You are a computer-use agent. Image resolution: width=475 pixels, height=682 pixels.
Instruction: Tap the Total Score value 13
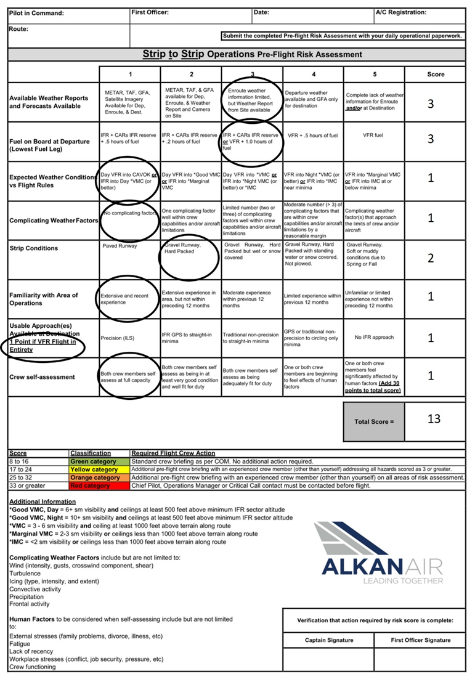433,419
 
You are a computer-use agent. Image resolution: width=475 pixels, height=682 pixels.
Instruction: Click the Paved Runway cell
129,245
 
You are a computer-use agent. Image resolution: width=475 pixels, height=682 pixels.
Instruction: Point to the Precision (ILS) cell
129,338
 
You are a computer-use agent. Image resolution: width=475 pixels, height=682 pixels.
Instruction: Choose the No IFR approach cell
374,338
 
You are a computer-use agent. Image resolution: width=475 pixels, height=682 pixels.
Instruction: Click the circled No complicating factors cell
129,214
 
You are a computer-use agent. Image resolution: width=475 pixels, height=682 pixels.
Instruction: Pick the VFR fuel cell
374,134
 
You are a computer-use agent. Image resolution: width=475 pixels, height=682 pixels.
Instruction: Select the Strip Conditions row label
34,248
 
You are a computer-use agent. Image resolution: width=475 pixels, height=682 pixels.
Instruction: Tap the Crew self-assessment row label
42,377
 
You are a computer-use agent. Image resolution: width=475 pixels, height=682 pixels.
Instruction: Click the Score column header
436,75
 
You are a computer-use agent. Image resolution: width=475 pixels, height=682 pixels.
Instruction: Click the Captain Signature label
329,640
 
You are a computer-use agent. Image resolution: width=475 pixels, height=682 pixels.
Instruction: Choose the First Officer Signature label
421,640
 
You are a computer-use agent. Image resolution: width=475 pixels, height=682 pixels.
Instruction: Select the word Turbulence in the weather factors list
25,573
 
